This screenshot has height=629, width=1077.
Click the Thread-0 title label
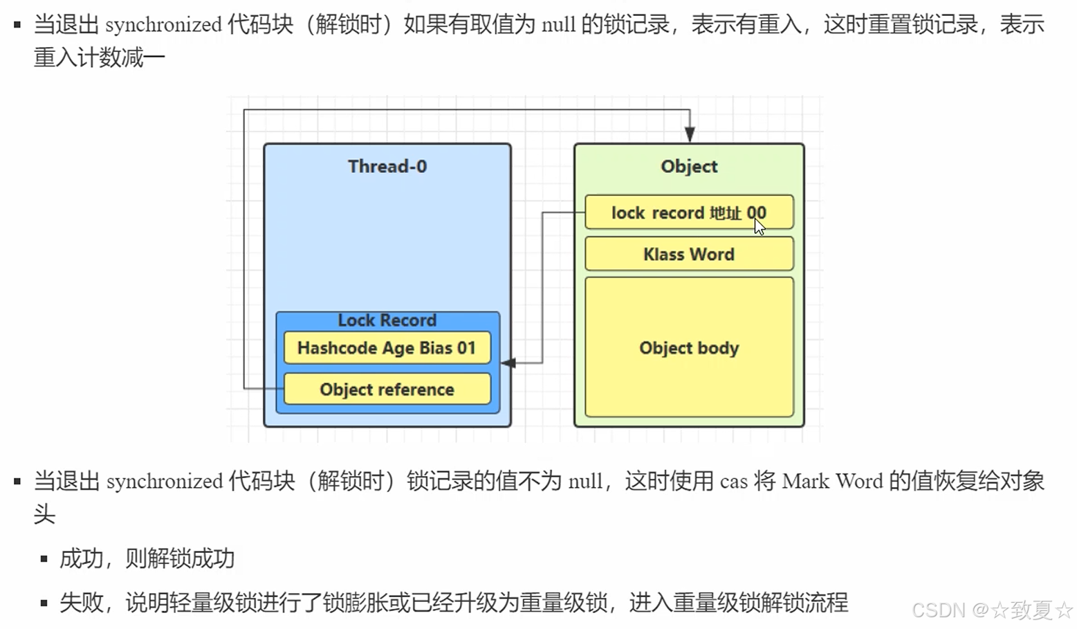click(x=387, y=167)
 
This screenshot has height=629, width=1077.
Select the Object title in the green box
click(x=689, y=167)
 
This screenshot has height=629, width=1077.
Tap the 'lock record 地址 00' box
click(x=688, y=212)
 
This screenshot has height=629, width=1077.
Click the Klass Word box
click(x=689, y=254)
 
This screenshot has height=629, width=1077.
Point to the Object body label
click(x=689, y=347)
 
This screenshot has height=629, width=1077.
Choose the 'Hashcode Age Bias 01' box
click(x=387, y=347)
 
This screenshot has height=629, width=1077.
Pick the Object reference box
click(x=387, y=389)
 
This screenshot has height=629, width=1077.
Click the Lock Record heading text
click(x=387, y=320)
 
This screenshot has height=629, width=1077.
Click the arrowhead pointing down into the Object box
click(x=690, y=134)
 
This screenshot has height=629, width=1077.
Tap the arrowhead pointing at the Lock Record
click(x=508, y=363)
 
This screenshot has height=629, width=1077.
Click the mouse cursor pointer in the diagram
click(x=760, y=226)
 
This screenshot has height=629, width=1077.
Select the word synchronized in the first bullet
click(x=163, y=25)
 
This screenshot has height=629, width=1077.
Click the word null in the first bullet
click(x=558, y=25)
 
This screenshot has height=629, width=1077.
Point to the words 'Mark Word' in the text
click(x=832, y=481)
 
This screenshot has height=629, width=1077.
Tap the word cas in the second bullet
click(x=733, y=481)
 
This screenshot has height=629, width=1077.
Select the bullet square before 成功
click(x=44, y=559)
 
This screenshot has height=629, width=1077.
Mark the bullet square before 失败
click(x=44, y=603)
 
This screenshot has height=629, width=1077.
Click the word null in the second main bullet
click(x=585, y=481)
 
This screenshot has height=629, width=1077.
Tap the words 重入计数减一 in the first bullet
click(x=100, y=57)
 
